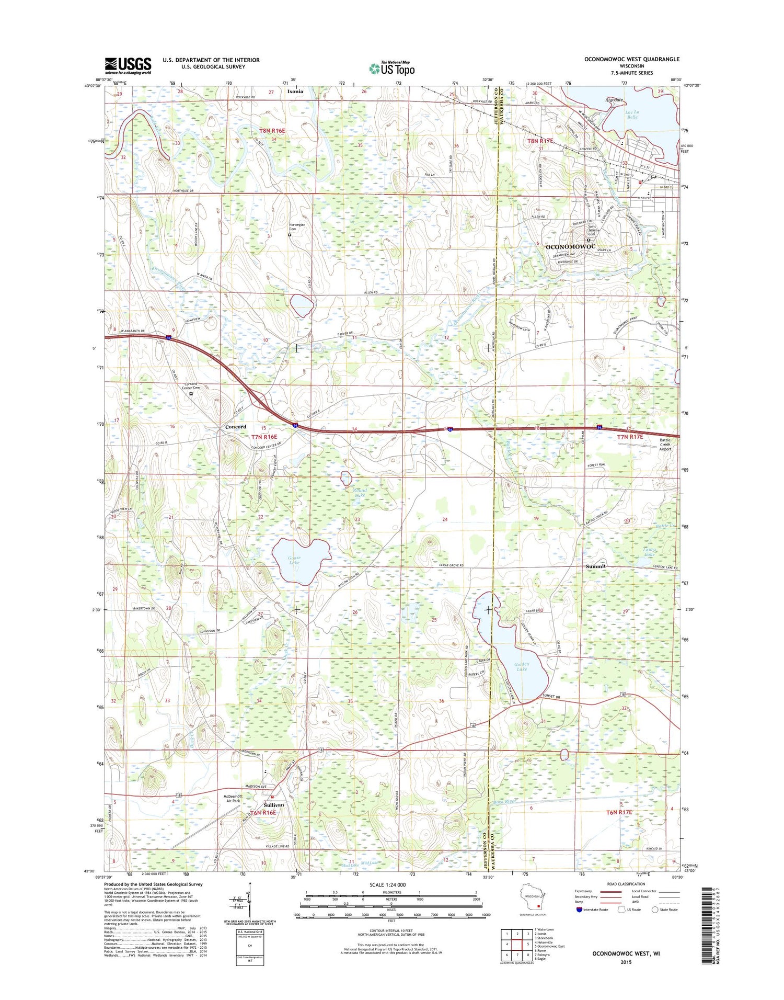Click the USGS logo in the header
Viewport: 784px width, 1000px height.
click(128, 66)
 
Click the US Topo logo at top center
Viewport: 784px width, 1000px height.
click(392, 68)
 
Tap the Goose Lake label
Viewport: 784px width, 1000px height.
click(294, 560)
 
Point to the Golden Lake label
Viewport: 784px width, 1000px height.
click(522, 667)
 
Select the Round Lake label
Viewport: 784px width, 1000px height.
click(360, 493)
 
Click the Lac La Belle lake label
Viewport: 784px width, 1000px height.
click(632, 114)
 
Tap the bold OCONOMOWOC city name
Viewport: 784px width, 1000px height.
click(570, 246)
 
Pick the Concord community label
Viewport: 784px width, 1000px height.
click(235, 427)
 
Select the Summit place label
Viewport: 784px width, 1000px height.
click(595, 566)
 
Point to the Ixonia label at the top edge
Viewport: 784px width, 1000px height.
click(295, 91)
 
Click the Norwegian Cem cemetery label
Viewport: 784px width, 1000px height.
click(297, 227)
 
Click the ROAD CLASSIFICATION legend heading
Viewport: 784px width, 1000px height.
click(626, 884)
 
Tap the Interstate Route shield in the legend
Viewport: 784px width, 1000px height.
click(579, 910)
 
